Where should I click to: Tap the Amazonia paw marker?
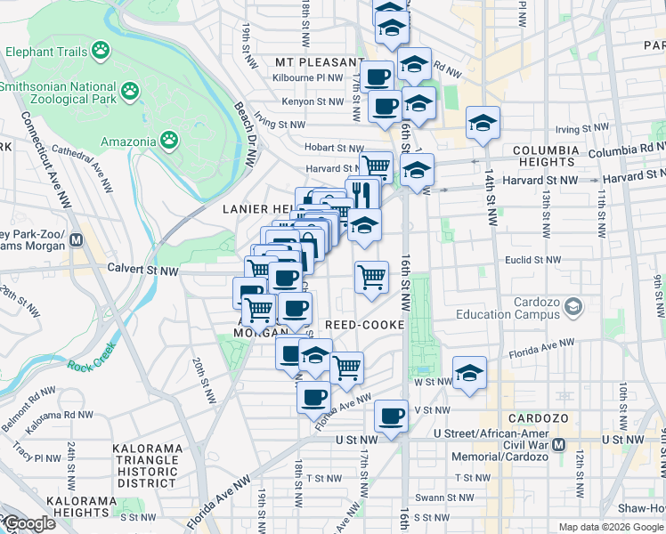point(169,140)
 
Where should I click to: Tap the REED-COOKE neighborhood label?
point(365,325)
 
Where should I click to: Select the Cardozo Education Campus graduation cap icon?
point(574,307)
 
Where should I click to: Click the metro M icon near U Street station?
point(559,444)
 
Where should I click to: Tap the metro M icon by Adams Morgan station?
point(78,239)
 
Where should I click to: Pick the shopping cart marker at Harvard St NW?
point(376,166)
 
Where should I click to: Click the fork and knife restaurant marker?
point(362,193)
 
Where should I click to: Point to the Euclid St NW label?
point(530,260)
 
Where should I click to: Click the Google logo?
point(28,523)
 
